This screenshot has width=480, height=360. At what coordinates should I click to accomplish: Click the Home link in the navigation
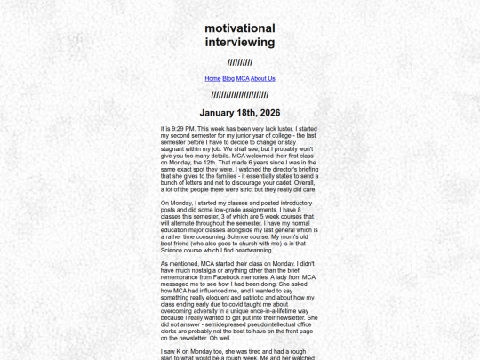point(212,78)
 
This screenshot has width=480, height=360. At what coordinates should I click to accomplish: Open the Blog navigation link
point(228,78)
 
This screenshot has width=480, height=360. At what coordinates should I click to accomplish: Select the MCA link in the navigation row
point(243,78)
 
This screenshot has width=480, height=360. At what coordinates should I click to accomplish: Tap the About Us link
point(263,78)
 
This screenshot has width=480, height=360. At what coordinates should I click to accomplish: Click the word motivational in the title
point(240,28)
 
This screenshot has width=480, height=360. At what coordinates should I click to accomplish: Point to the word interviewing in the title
point(240,42)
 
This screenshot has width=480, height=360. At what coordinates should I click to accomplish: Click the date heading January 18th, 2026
point(240,113)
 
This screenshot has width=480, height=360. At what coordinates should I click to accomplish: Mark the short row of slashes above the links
point(240,62)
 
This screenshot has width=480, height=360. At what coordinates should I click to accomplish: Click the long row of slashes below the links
point(240,94)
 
